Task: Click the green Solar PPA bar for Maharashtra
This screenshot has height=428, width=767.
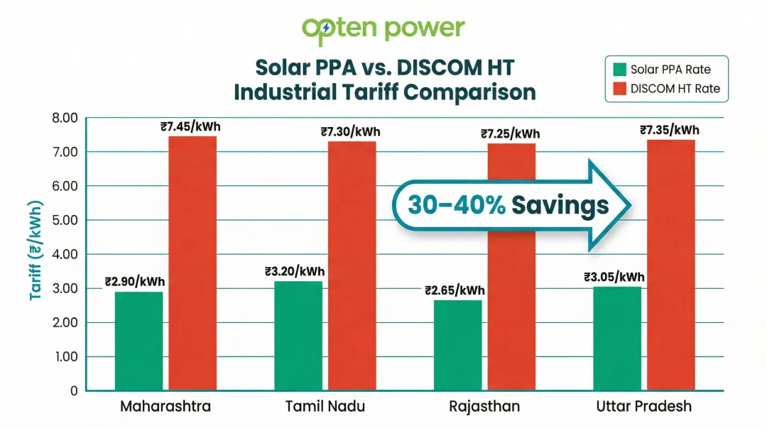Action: click(x=138, y=341)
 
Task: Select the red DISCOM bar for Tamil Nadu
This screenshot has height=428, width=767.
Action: click(x=352, y=266)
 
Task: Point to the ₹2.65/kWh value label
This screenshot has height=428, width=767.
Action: click(x=455, y=290)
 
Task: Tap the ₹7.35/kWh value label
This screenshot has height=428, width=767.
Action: click(x=670, y=130)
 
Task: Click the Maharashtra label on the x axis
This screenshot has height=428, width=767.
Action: click(x=165, y=407)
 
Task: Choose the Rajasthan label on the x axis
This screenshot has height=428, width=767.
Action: click(x=484, y=407)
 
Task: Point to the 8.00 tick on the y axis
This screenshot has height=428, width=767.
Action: click(x=64, y=118)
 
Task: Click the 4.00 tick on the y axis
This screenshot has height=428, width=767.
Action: click(x=64, y=254)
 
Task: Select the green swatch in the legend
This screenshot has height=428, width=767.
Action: click(x=619, y=70)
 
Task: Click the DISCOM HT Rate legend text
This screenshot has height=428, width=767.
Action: click(x=675, y=89)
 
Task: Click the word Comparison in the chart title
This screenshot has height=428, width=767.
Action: click(x=468, y=92)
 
